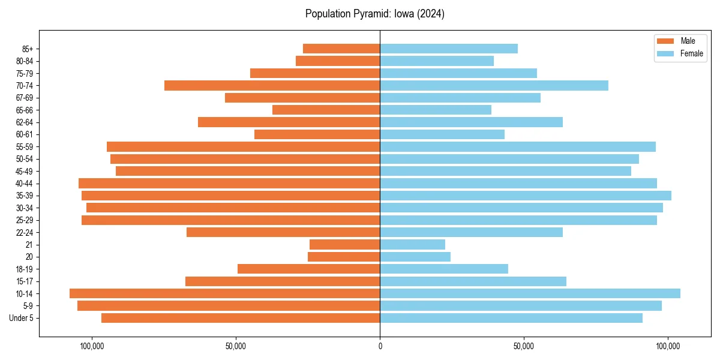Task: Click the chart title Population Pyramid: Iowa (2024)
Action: pos(374,14)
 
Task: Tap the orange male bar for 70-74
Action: pos(272,86)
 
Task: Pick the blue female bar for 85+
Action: pos(449,49)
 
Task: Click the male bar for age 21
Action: pos(344,245)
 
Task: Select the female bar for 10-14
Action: pos(530,293)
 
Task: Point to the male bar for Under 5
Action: pos(241,318)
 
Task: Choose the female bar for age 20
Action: pos(415,257)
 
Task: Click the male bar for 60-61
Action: pos(317,134)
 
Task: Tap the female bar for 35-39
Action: pos(526,196)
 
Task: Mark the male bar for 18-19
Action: pos(308,269)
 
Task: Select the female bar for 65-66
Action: pos(436,110)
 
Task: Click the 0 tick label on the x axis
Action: pos(380,346)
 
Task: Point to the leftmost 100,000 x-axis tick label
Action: pos(92,346)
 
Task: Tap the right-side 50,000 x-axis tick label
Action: pos(524,346)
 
